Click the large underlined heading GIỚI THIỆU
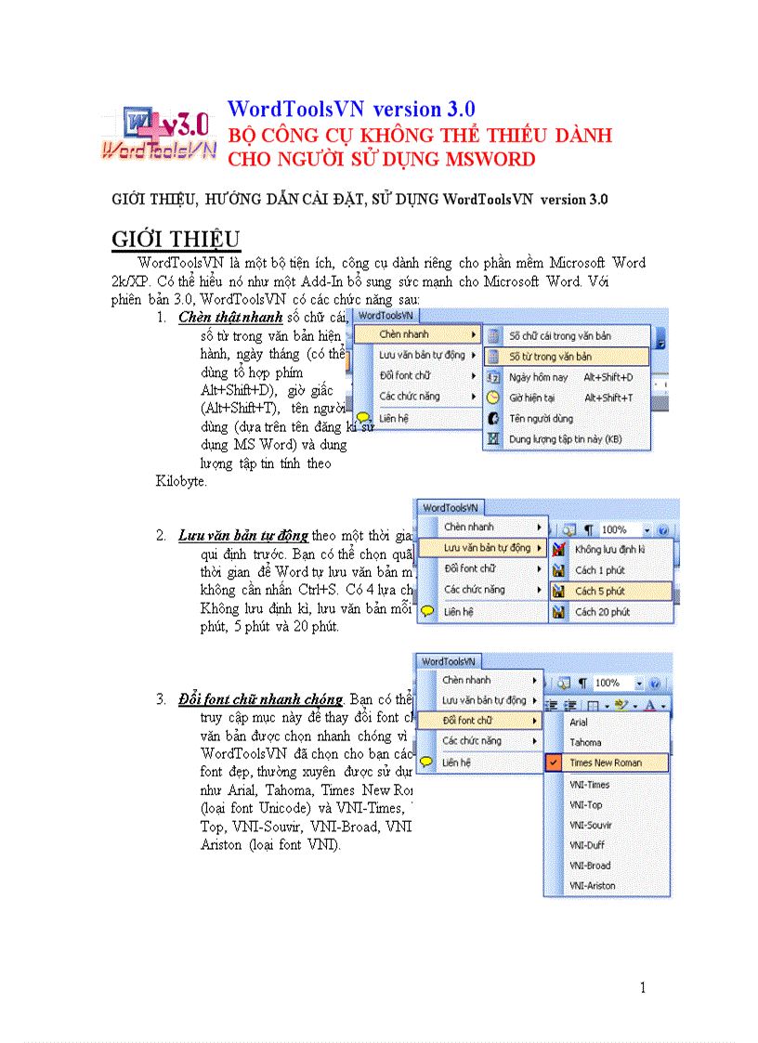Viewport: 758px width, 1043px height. click(176, 240)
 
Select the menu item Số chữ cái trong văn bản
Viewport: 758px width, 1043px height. click(559, 335)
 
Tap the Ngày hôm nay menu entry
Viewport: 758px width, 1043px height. click(538, 377)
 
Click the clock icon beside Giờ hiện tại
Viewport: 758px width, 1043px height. click(493, 398)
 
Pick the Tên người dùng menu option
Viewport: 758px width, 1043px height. click(542, 418)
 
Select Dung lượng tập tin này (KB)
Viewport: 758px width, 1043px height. click(565, 438)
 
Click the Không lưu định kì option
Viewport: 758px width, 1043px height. click(609, 550)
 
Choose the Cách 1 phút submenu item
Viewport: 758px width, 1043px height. click(599, 570)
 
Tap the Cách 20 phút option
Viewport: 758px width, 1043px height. click(602, 612)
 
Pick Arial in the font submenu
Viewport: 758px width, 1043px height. click(579, 722)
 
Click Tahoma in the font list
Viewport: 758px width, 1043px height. click(585, 742)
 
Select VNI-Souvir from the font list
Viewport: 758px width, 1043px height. click(590, 825)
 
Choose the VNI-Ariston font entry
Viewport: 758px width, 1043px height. click(593, 886)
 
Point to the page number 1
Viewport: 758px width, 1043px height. click(643, 987)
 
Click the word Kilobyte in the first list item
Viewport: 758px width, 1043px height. click(180, 482)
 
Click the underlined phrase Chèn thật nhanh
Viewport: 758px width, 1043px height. click(230, 318)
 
